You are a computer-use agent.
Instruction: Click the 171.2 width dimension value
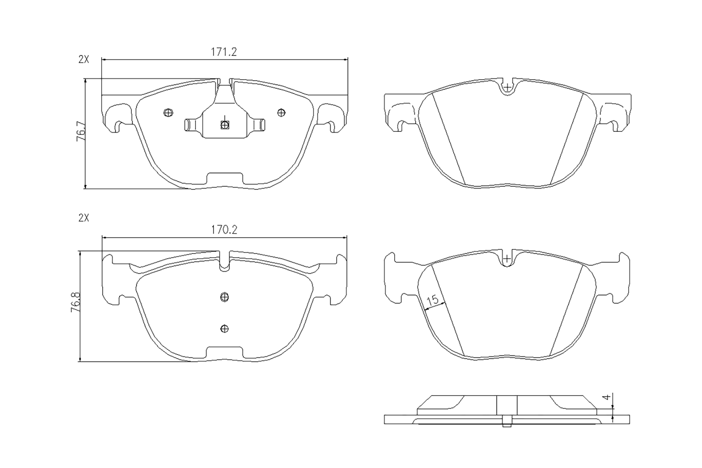coord(224,52)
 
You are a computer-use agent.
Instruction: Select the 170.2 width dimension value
coord(224,230)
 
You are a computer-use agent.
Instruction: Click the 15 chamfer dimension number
coord(432,300)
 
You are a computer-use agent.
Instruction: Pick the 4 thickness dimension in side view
coord(607,397)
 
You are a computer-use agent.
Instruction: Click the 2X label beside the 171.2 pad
coord(84,59)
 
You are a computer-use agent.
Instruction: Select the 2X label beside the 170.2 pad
coord(84,218)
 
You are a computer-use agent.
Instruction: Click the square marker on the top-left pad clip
coord(225,125)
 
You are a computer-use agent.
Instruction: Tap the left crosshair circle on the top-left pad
coord(169,112)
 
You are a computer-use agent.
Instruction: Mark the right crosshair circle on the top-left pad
coord(281,112)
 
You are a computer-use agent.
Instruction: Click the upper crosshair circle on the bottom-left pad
coord(225,296)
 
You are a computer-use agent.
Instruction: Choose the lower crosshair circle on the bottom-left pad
coord(225,328)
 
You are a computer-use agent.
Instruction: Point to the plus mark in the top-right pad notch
coord(507,87)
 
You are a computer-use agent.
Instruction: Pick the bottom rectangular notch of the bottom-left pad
coord(225,352)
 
